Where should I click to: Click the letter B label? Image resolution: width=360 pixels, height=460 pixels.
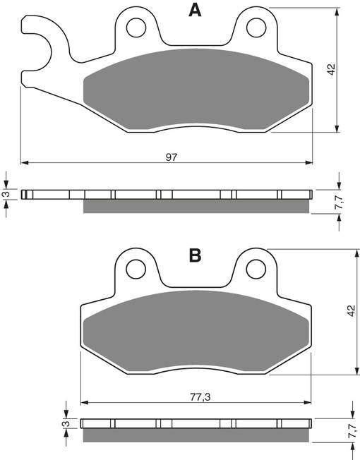[x=196, y=255]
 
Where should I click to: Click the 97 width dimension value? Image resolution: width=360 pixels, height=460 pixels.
[x=172, y=157]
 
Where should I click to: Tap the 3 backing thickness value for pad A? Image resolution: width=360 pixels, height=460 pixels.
[x=6, y=194]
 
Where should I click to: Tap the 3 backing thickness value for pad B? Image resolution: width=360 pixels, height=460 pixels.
[x=64, y=424]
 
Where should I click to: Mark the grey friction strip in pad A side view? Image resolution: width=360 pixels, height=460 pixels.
[x=196, y=206]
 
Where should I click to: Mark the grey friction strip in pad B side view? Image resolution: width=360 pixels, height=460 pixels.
[x=196, y=435]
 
